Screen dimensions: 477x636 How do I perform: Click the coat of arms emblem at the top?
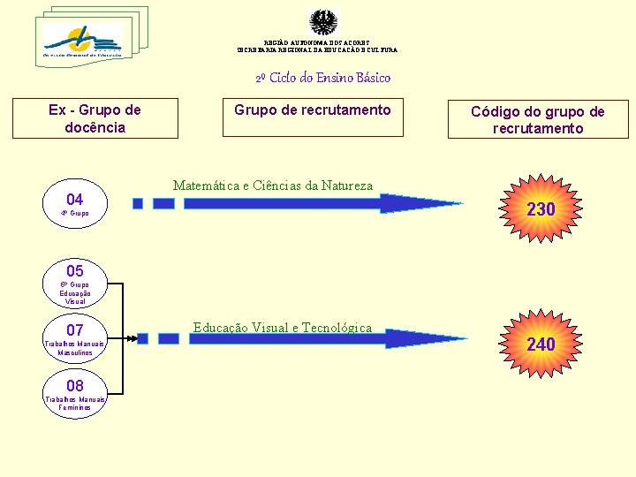pyautogui.click(x=323, y=22)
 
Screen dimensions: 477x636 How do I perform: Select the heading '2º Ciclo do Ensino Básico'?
pyautogui.click(x=322, y=78)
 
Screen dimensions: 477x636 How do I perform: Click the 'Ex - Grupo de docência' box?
pyautogui.click(x=95, y=118)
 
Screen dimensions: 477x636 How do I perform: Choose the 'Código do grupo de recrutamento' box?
pyautogui.click(x=537, y=119)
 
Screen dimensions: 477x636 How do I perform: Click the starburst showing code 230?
pyautogui.click(x=541, y=209)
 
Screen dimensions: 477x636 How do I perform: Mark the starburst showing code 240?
pyautogui.click(x=541, y=344)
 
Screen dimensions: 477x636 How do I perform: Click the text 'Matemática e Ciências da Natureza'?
pyautogui.click(x=273, y=185)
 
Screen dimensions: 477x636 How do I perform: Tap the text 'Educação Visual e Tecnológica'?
pyautogui.click(x=283, y=328)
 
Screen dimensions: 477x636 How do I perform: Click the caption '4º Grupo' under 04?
pyautogui.click(x=75, y=214)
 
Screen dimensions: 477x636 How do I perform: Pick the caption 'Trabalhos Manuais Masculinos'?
pyautogui.click(x=75, y=348)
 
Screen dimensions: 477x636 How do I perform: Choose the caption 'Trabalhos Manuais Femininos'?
pyautogui.click(x=75, y=404)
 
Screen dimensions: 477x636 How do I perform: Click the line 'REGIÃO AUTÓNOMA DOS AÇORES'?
pyautogui.click(x=317, y=42)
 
